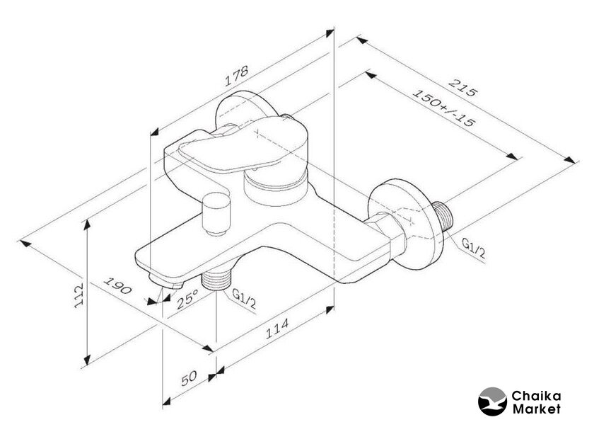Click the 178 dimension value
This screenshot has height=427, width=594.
pos(237,76)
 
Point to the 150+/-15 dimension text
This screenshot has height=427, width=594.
pos(443,108)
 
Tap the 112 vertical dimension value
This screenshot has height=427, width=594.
pos(78,295)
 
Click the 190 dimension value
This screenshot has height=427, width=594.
pos(118,285)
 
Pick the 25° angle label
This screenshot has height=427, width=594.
pos(188,300)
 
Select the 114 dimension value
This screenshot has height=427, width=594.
pos(277,329)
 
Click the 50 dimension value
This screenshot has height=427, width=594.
pos(189,378)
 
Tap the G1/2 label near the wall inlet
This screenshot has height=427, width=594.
pos(473,248)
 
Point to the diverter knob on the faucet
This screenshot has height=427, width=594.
pos(216,214)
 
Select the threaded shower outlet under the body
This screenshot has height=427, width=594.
pos(216,280)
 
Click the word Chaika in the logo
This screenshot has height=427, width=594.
pos(536,397)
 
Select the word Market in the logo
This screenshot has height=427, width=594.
pos(536,409)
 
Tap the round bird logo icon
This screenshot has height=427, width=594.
pos(491,402)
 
